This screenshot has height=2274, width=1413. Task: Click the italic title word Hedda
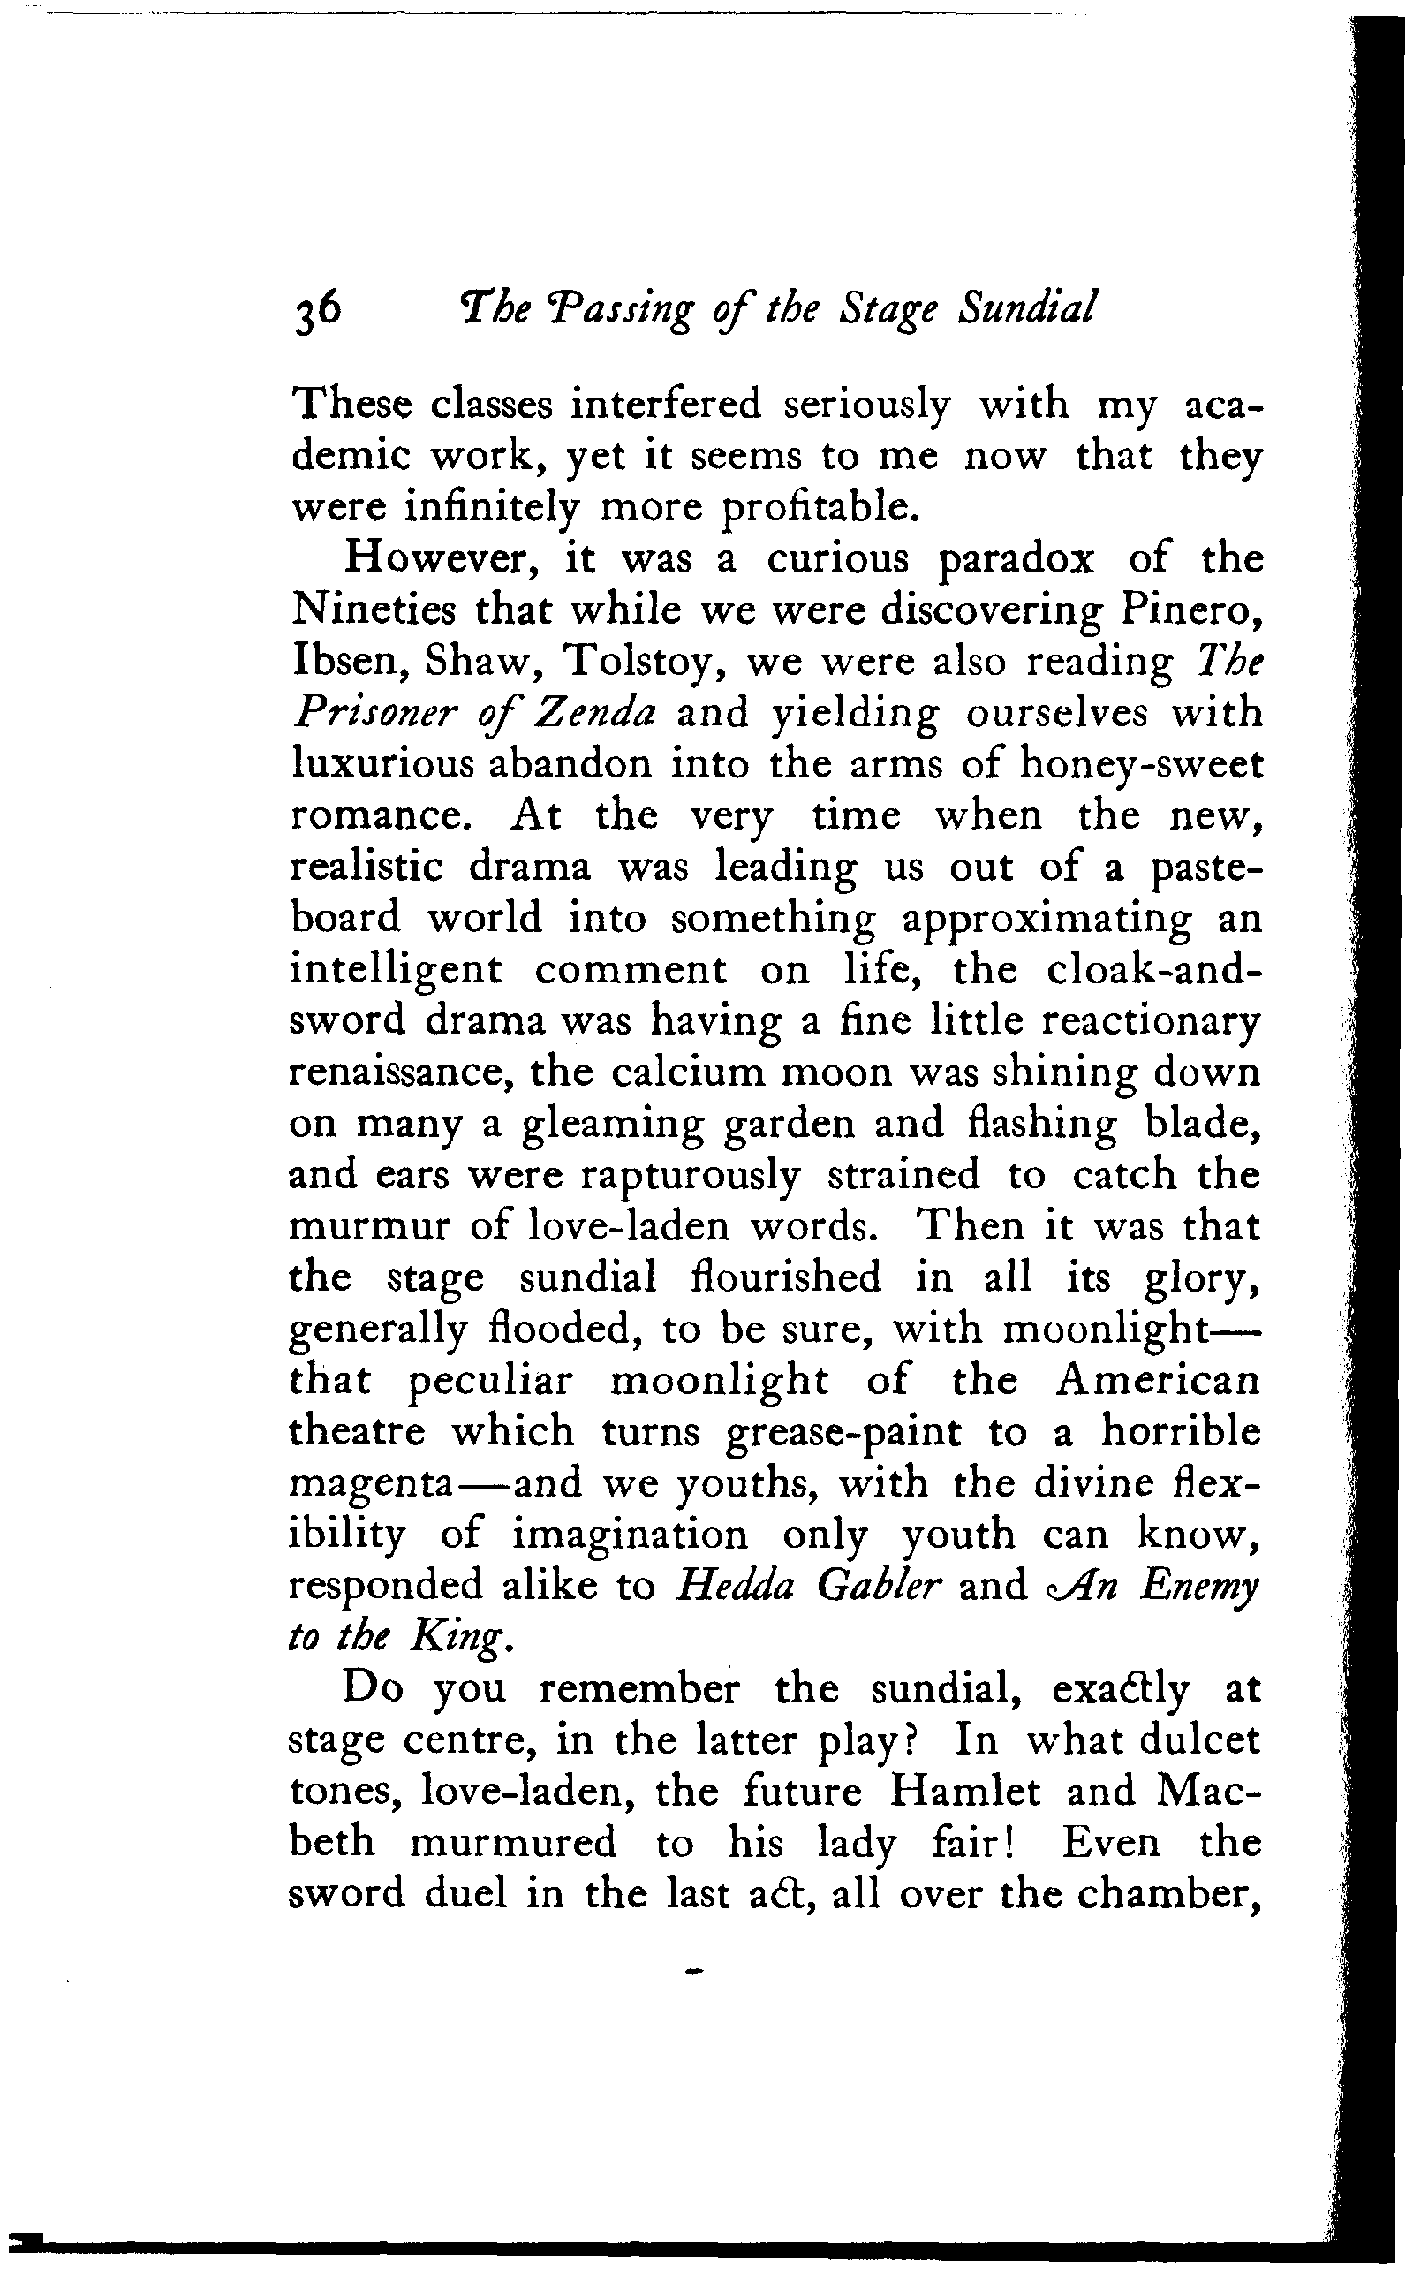(x=734, y=1586)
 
